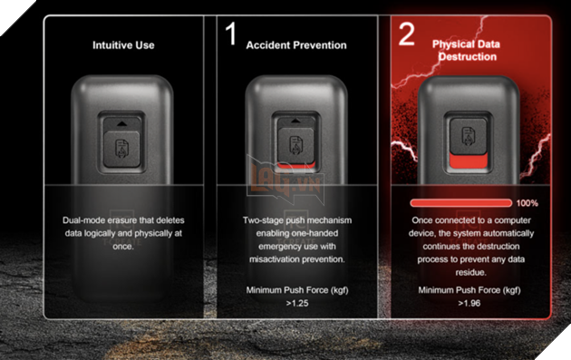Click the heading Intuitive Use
coord(123,45)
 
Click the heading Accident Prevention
coord(296,45)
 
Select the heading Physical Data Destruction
coord(467,50)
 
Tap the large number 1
coord(231,34)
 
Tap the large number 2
coord(406,34)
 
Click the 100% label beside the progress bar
coord(527,203)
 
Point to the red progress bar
coord(460,203)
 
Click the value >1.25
coord(297,303)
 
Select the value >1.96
coord(469,303)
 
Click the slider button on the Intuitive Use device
coord(121,149)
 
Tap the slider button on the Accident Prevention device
coord(295,145)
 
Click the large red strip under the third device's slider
coord(469,161)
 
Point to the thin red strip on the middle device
coord(296,166)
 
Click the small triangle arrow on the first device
coord(121,124)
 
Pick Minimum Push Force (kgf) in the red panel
coord(469,290)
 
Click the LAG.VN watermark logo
coord(285,180)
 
